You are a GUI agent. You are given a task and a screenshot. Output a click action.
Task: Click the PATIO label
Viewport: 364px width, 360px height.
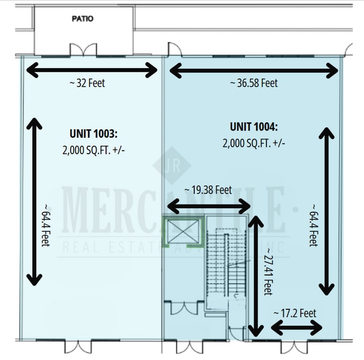pos(82,19)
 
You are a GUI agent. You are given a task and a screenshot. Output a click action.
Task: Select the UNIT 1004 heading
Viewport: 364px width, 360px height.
pos(254,127)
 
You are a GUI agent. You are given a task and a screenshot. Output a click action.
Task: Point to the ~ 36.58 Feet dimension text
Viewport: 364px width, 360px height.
pos(254,83)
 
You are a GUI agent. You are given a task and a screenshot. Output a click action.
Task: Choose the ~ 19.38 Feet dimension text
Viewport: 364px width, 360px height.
pos(208,190)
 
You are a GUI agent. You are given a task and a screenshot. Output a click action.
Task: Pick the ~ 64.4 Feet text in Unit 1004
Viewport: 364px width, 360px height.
pos(314,225)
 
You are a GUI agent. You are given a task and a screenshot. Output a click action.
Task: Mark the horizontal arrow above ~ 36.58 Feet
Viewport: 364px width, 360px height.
pos(254,70)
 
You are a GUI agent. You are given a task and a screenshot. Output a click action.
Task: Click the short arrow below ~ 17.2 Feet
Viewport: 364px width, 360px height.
pos(297,328)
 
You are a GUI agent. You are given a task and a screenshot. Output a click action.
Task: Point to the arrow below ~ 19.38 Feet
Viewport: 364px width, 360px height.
pos(209,206)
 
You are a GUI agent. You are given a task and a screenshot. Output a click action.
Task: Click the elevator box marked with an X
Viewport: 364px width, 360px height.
pos(181,232)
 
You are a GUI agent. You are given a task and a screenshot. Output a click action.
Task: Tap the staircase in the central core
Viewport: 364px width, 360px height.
pos(226,263)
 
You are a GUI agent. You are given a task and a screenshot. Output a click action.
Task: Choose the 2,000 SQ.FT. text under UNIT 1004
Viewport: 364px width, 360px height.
pos(254,143)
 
